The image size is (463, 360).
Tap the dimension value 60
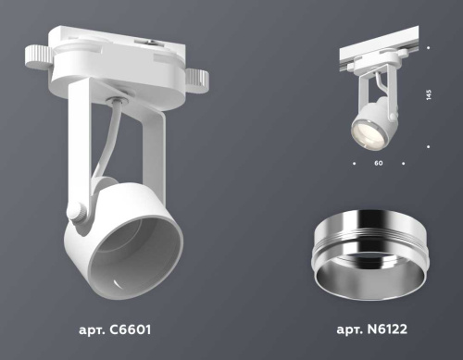tap(378, 163)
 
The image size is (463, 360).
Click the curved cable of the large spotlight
tap(109, 139)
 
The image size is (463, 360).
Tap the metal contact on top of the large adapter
tap(148, 42)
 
